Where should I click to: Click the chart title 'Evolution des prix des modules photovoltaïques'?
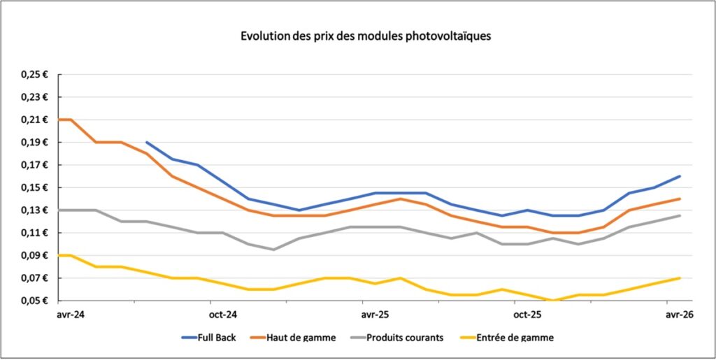(366, 36)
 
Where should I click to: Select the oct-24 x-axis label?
(223, 315)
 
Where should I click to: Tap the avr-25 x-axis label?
(375, 315)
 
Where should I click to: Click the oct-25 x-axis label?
(527, 315)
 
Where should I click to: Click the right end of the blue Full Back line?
(680, 176)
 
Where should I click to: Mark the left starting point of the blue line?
(147, 143)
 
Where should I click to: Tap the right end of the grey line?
(680, 215)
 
